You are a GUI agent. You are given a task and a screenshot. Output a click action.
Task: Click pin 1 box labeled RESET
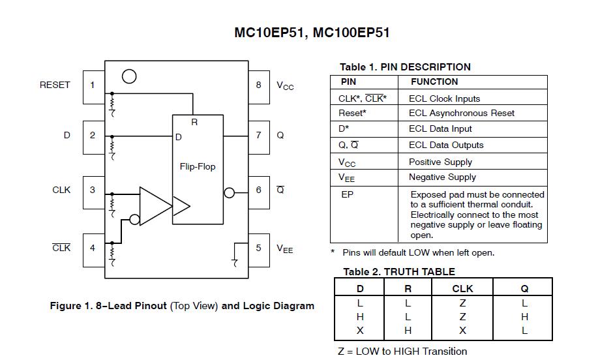tap(93, 85)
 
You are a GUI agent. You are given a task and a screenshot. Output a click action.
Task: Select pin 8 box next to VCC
tap(259, 85)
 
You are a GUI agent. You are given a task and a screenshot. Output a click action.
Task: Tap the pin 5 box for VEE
tap(259, 248)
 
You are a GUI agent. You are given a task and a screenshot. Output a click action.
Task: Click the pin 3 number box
tap(93, 190)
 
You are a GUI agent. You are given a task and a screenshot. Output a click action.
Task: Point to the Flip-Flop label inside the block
tap(198, 167)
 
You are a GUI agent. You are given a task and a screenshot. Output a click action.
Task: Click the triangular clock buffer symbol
tap(155, 206)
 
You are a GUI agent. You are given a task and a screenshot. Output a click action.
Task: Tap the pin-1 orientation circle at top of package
tap(129, 76)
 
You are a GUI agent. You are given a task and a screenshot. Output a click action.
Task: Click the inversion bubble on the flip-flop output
tap(229, 193)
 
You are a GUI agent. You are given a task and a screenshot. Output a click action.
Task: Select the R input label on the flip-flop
tap(194, 123)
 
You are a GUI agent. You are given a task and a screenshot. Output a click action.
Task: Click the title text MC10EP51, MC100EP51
tap(312, 33)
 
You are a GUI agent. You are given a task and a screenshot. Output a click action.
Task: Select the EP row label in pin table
tap(348, 195)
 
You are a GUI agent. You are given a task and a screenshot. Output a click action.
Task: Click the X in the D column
tap(360, 331)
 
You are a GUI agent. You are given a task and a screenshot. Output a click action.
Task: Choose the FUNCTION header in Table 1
tap(434, 82)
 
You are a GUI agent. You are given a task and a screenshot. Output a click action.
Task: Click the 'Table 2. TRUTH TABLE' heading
tap(399, 272)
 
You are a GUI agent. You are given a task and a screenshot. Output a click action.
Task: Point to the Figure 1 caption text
tap(182, 306)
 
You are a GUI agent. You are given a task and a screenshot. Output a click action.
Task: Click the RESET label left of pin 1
tap(55, 85)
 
